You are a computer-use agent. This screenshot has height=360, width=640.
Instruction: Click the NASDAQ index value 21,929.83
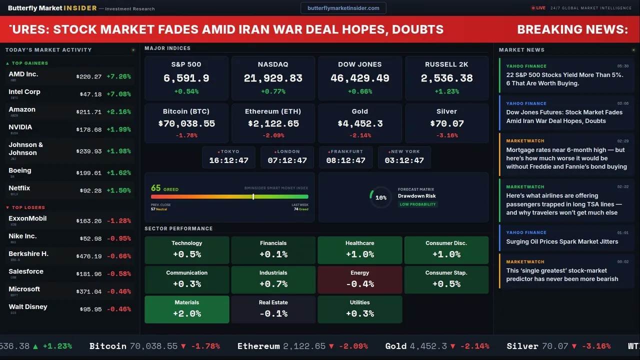coord(273,78)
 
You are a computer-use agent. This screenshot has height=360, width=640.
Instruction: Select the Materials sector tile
coord(187,309)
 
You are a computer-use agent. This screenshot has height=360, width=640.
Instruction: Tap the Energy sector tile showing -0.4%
coord(360,279)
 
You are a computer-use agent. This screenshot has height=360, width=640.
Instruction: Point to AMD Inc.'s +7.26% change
coord(118,76)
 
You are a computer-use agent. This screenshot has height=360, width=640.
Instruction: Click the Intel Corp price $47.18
coord(90,94)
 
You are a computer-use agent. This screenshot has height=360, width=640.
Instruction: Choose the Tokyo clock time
coord(228,160)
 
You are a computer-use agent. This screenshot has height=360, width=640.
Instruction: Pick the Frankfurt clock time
coord(345,160)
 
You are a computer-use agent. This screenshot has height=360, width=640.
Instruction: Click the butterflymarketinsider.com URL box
coord(343,8)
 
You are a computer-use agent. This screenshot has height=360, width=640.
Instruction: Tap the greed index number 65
coord(156,188)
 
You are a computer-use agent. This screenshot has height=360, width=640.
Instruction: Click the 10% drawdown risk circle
coord(380,197)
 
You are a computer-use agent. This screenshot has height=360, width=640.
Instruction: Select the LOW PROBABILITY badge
coord(417,204)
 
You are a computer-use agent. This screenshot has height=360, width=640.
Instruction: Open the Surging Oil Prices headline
coord(562,241)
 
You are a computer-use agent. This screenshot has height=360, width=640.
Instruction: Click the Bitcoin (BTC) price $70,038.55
coord(186,123)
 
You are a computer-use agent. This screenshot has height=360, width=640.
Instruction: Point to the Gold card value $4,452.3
coord(360,123)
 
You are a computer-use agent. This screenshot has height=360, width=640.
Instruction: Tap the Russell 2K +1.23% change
coord(446,91)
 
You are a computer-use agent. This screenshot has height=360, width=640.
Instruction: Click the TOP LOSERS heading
coord(28,207)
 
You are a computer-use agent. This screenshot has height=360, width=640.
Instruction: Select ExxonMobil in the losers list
coord(27,218)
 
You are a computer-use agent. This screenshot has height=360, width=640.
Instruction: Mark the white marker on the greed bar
coord(253,197)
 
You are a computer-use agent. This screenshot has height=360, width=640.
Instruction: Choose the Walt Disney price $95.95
coord(90,309)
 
